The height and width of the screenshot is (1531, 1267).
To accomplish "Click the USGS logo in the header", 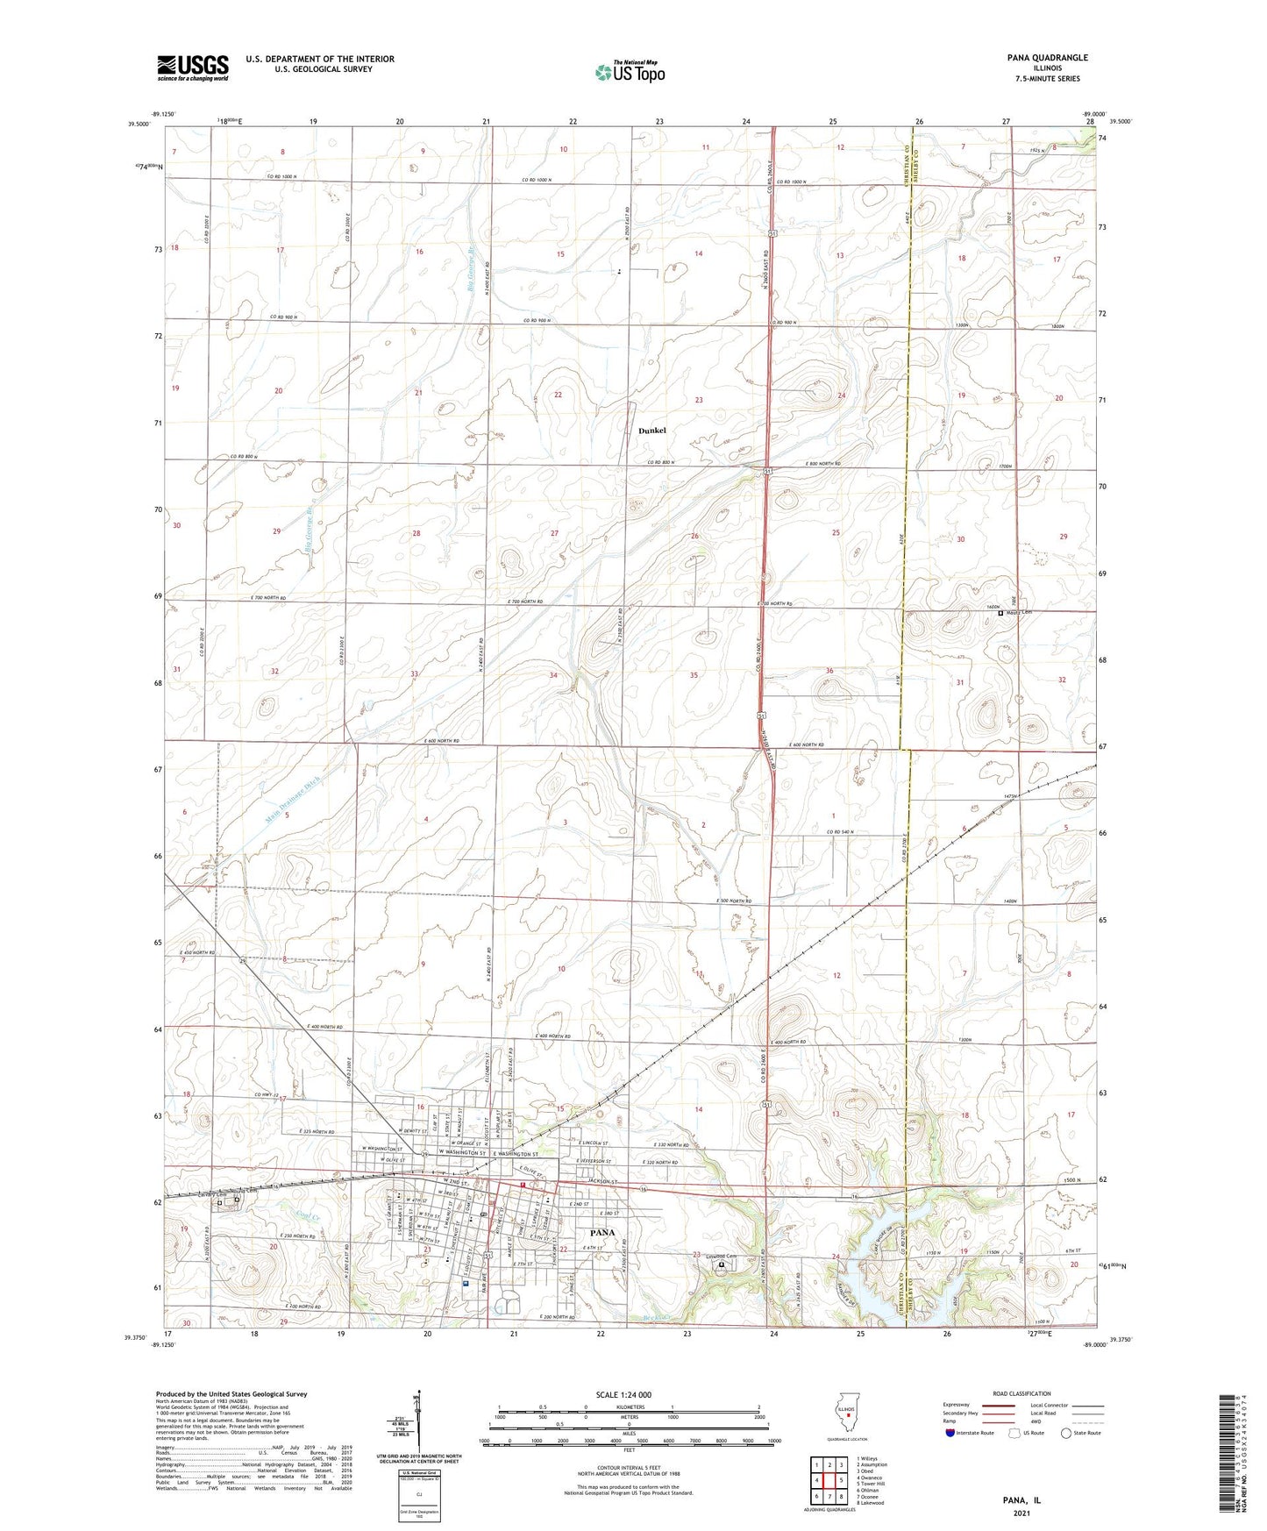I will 193,67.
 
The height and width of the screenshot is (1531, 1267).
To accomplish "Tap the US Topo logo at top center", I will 629,72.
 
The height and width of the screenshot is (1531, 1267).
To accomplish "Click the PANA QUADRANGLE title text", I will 1047,58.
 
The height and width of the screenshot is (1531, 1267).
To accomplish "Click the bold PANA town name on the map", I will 601,1232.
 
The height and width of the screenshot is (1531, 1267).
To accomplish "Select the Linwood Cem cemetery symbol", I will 722,1265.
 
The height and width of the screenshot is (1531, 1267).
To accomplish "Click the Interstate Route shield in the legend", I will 950,1433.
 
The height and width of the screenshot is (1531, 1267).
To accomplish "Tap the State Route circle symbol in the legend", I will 1066,1433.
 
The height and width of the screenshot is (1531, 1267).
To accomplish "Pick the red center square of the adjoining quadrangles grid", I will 829,1479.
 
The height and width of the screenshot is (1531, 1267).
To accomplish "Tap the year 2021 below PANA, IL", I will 1021,1513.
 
